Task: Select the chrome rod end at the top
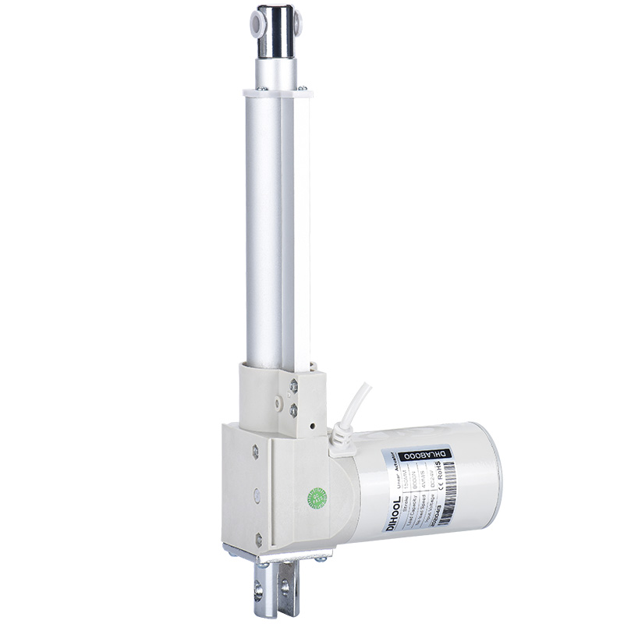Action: click(277, 31)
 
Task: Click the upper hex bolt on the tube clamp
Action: click(293, 385)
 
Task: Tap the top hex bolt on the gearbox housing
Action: click(255, 449)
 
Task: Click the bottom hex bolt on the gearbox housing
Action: click(258, 537)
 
